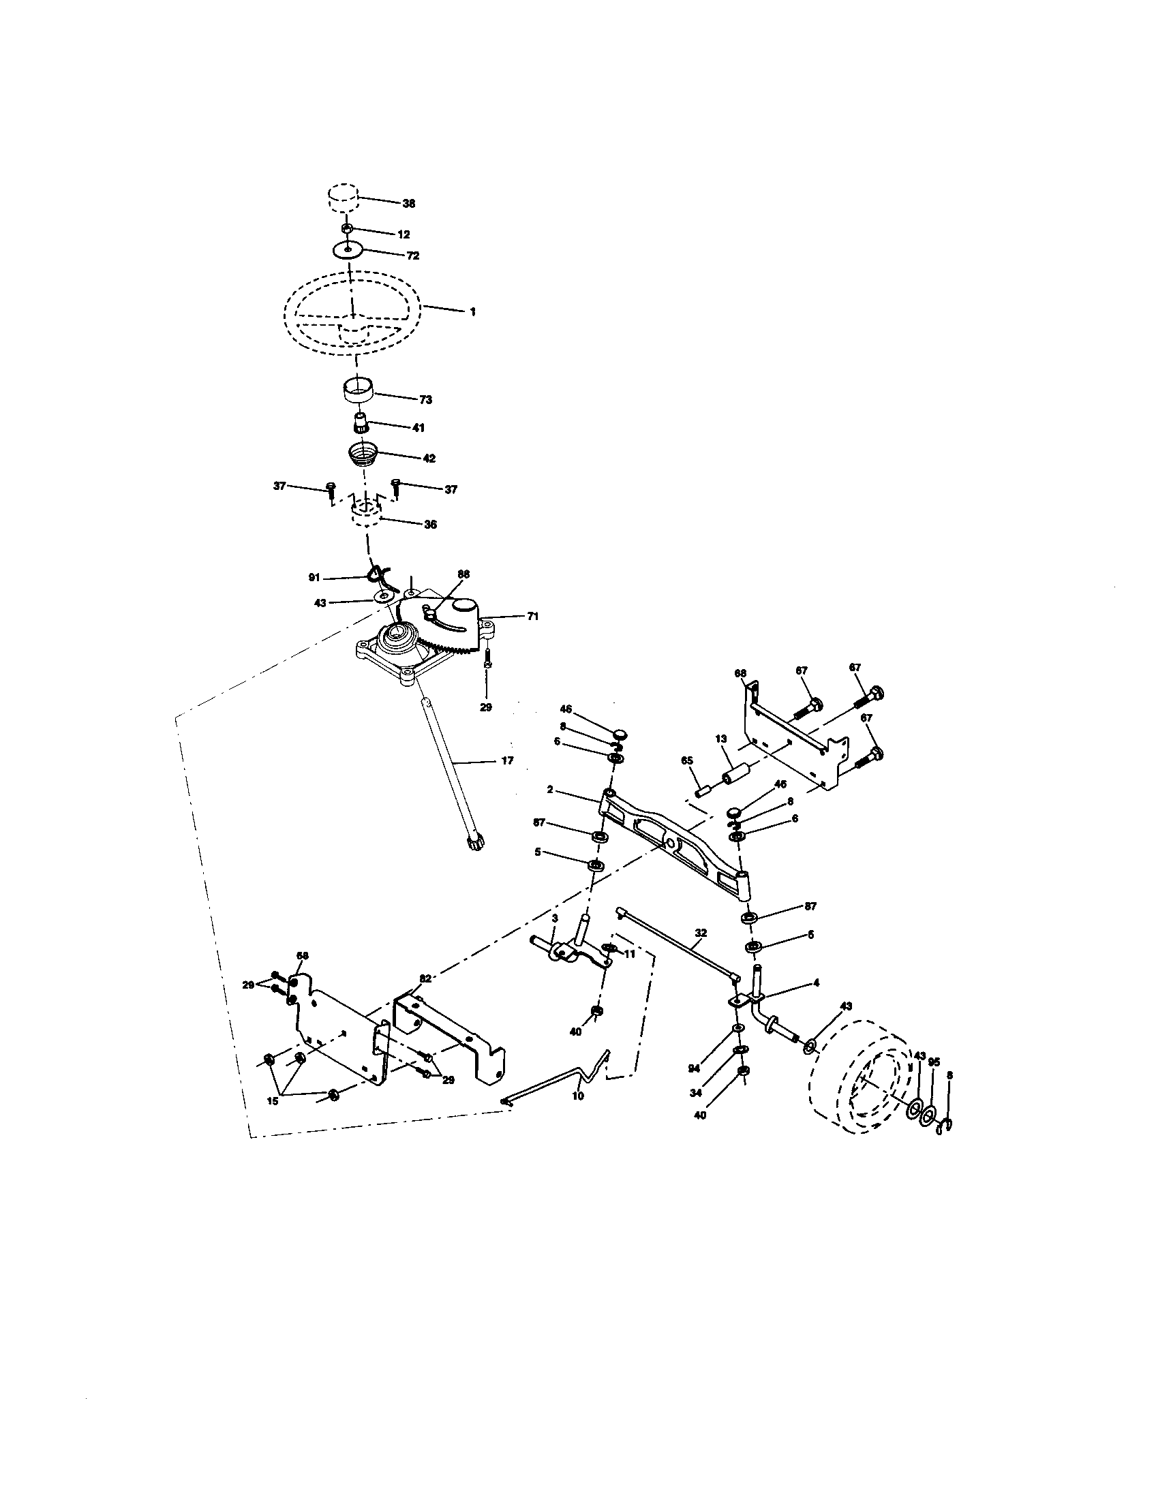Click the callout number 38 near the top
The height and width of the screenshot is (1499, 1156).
[x=409, y=204]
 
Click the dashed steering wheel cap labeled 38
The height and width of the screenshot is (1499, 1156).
[x=341, y=199]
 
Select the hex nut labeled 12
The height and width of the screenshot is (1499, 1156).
[x=348, y=228]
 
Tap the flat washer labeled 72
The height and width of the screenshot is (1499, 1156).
[x=348, y=250]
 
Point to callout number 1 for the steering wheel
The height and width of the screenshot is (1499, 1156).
[x=472, y=311]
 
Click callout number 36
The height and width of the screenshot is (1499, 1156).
[x=430, y=525]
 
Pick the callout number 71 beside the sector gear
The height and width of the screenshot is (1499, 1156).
[x=533, y=617]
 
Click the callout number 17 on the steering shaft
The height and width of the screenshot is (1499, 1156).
[x=507, y=760]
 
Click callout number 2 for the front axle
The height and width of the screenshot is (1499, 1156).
[x=550, y=790]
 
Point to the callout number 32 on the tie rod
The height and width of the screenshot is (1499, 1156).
[x=701, y=933]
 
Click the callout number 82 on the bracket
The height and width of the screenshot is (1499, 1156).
[x=425, y=978]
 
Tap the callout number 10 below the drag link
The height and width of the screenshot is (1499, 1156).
[x=578, y=1096]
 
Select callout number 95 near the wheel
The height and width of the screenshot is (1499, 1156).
[x=934, y=1062]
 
